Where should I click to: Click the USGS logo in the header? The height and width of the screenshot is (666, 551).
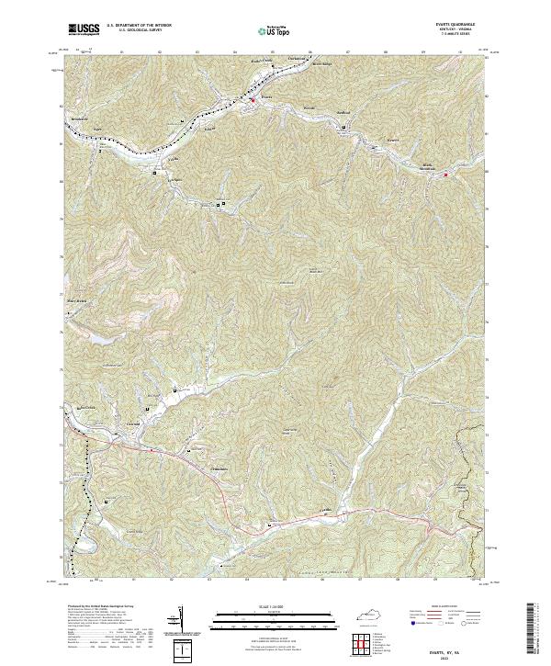click(x=84, y=29)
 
